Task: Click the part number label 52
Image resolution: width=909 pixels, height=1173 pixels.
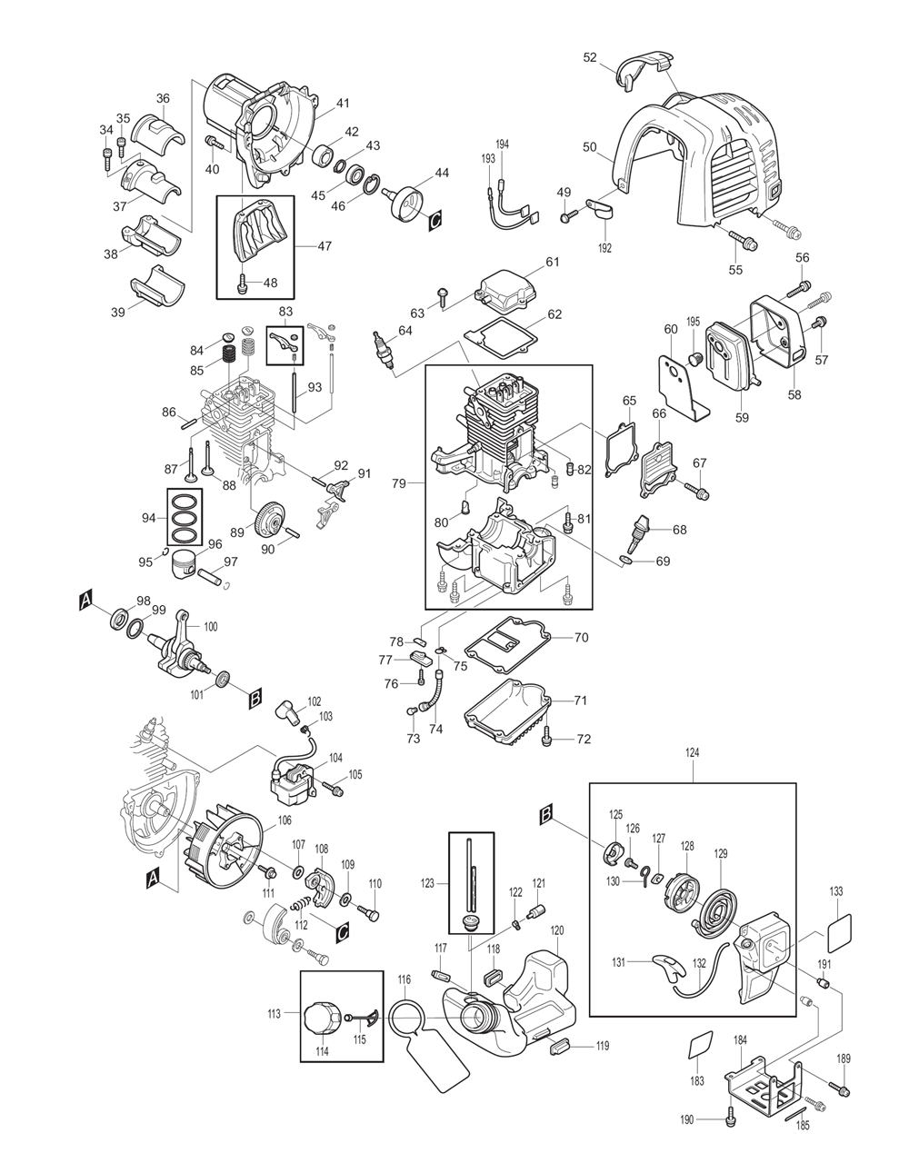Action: pos(590,57)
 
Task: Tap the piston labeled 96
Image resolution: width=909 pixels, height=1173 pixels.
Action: pos(188,565)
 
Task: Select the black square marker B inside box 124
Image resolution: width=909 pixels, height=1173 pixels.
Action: pos(545,816)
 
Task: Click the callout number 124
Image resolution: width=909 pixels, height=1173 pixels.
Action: pos(695,752)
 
